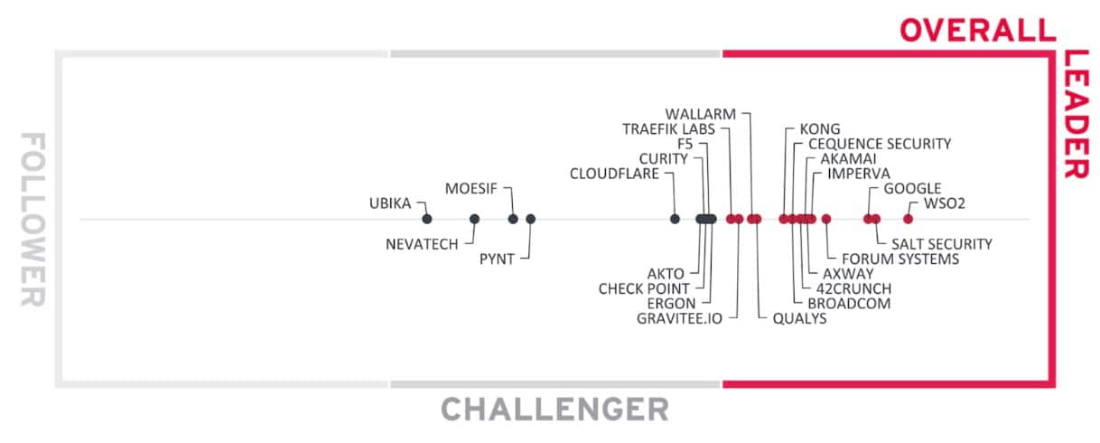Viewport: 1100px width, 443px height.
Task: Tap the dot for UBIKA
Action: (x=427, y=219)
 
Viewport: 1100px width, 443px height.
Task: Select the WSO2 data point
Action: (x=908, y=219)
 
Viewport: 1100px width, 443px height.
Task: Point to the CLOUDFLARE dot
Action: (x=675, y=219)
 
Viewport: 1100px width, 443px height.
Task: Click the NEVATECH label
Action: (x=422, y=244)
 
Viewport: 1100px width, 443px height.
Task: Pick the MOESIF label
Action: (x=472, y=188)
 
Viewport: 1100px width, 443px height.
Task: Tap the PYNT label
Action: (x=497, y=259)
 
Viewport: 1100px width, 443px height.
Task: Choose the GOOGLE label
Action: (x=912, y=188)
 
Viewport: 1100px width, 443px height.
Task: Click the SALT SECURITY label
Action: (x=941, y=244)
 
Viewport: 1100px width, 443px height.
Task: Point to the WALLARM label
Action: (x=700, y=114)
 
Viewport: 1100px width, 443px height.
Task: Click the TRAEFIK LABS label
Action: (x=668, y=129)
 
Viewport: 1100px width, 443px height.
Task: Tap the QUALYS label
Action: (x=799, y=318)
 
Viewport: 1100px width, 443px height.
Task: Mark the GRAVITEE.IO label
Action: (x=679, y=318)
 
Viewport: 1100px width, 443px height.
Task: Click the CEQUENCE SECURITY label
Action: (x=879, y=144)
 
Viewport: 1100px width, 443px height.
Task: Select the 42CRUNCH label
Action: (x=853, y=288)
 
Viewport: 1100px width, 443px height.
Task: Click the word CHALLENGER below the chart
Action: (x=555, y=410)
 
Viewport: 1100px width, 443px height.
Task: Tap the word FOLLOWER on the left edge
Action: (x=33, y=219)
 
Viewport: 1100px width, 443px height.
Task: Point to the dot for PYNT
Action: (x=530, y=219)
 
